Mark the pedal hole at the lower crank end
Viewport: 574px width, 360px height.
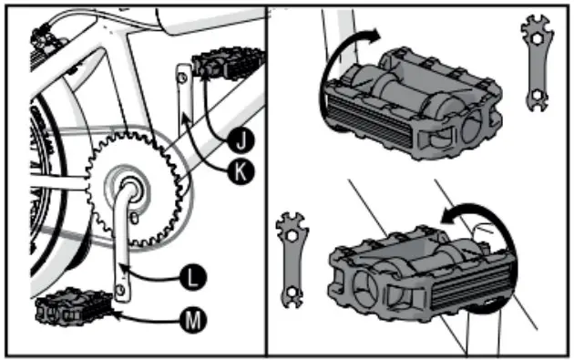120,289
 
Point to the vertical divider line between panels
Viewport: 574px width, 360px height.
266,182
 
